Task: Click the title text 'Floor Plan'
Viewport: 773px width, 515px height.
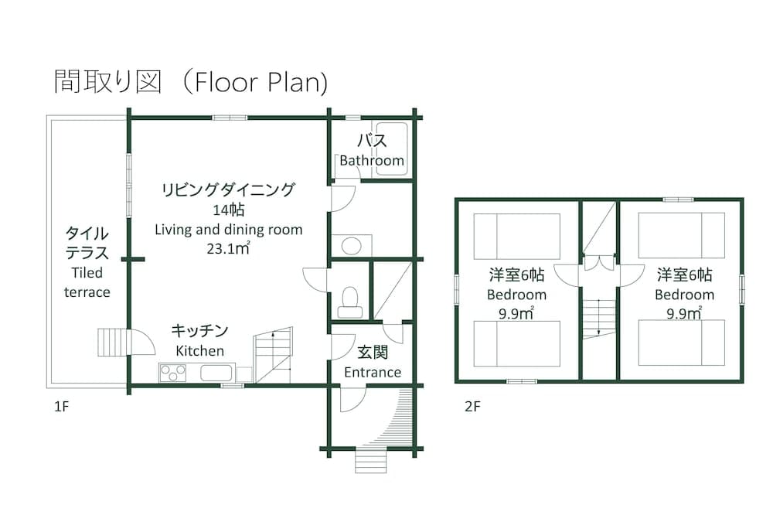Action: (x=261, y=82)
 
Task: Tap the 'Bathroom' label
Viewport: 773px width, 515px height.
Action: (x=372, y=161)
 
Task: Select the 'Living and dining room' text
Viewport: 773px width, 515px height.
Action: (x=229, y=230)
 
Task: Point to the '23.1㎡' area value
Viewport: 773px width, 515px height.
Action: (x=228, y=249)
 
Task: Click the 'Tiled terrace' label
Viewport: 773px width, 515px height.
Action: (x=87, y=282)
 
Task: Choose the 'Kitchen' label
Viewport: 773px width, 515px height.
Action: (x=199, y=351)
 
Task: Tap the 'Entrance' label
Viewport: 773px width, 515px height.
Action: (x=373, y=372)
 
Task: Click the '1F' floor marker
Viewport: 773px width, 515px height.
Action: (x=62, y=406)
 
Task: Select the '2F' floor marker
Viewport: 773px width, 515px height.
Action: (x=472, y=406)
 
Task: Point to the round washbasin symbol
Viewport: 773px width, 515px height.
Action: (x=351, y=246)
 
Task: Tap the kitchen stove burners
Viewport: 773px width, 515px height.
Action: (x=172, y=373)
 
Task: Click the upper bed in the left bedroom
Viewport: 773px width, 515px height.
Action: (x=516, y=237)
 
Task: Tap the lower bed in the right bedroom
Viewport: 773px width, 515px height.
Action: (x=682, y=343)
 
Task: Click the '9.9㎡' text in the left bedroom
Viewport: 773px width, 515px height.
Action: (x=516, y=313)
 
